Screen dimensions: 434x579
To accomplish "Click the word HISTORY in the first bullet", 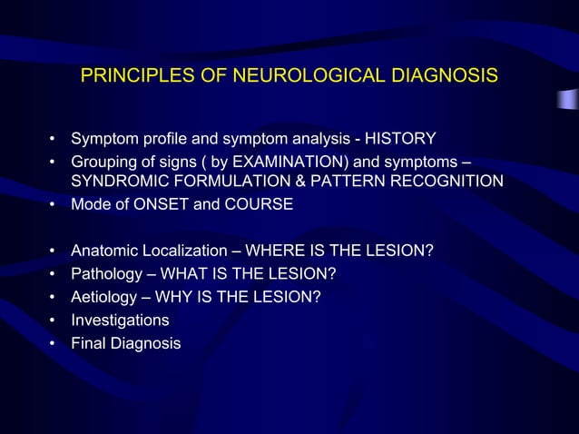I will coord(403,139).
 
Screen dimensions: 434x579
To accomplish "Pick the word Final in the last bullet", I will coord(89,344).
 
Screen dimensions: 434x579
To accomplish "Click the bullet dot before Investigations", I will coord(54,321).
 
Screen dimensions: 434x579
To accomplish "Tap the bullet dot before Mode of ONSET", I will coord(54,204).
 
